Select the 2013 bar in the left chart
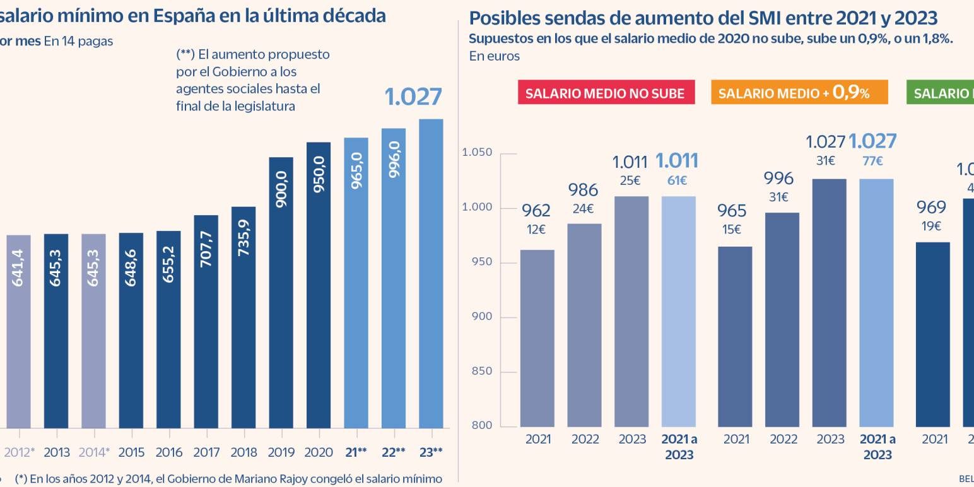[56, 331]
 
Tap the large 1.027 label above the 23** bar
[413, 97]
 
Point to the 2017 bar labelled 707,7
[206, 321]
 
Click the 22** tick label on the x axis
[393, 452]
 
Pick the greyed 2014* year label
[94, 452]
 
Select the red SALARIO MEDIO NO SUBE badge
[605, 93]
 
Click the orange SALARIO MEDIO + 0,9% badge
[799, 93]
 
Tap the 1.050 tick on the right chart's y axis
[477, 153]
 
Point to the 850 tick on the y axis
[482, 371]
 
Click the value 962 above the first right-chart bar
[536, 210]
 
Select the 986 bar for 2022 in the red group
[585, 325]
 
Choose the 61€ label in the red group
[677, 181]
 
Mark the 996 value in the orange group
[778, 179]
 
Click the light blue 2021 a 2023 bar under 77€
[877, 302]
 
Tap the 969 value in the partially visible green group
[931, 207]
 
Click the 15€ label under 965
[732, 230]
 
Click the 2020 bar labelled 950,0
[319, 285]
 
